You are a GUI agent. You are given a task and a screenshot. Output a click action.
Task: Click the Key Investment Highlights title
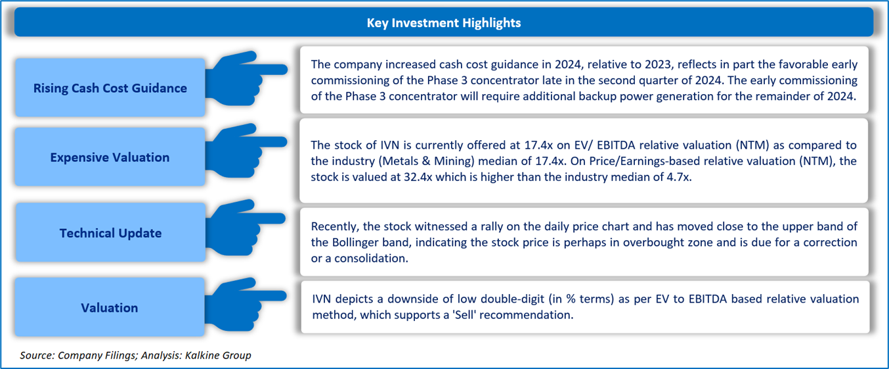point(444,22)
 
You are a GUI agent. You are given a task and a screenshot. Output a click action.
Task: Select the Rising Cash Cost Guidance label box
point(110,87)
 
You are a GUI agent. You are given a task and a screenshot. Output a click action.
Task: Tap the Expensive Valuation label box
point(110,157)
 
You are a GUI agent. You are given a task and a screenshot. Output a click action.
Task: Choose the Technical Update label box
point(110,232)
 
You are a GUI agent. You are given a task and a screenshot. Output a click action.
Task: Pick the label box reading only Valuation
point(110,307)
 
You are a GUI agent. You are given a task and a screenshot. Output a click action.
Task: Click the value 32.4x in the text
point(418,177)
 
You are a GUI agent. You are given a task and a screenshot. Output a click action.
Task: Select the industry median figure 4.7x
point(678,177)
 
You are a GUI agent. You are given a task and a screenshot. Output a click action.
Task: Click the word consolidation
point(371,258)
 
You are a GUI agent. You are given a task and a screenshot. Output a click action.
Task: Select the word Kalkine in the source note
point(201,355)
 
